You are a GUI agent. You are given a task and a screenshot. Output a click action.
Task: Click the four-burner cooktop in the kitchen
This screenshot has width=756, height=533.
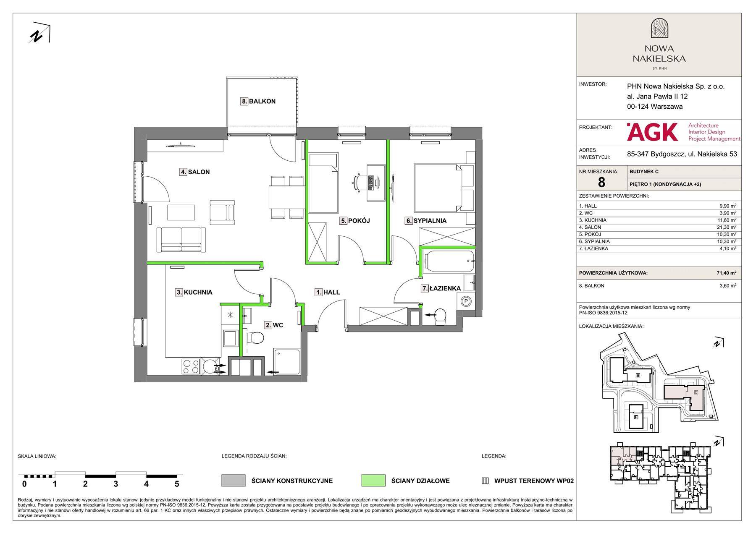point(191,367)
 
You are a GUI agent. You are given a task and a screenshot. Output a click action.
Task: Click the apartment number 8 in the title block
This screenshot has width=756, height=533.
point(601,182)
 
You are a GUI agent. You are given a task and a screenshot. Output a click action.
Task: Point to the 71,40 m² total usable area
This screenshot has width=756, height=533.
point(726,273)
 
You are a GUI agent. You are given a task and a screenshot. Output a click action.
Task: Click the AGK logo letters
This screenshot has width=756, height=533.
point(652,132)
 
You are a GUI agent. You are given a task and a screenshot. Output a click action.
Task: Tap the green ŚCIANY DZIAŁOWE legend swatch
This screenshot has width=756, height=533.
point(373,481)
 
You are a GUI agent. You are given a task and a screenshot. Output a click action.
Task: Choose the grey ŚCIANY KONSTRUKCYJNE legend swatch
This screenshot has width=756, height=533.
point(233,481)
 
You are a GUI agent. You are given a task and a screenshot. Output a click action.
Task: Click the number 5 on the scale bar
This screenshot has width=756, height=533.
point(177,484)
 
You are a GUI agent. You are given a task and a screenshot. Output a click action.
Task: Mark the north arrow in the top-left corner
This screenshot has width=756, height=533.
point(39,32)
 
